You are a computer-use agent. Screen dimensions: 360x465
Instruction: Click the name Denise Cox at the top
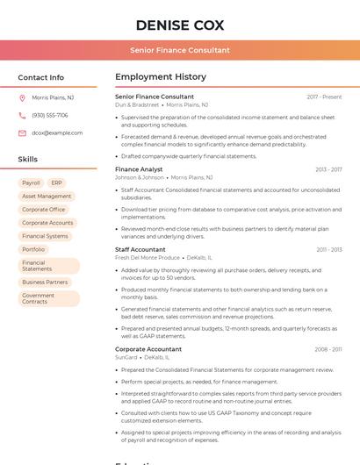coord(180,25)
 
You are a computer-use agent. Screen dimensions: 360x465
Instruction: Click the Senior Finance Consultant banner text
coord(180,50)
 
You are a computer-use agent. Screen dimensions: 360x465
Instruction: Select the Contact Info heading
coord(41,77)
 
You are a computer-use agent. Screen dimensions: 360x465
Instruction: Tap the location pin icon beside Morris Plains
coord(22,98)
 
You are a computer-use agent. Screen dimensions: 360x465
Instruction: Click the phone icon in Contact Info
coord(22,115)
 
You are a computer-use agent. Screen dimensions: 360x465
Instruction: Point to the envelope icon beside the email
coord(22,132)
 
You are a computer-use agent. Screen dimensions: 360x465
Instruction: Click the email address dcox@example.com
coord(57,132)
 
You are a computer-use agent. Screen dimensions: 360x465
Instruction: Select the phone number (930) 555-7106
coord(50,115)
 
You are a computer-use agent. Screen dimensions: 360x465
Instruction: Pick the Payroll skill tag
coord(32,183)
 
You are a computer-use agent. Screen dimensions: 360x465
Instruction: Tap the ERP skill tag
coord(57,183)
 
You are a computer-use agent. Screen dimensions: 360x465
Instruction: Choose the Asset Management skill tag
coord(47,197)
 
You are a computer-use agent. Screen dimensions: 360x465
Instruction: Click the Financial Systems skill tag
coord(45,236)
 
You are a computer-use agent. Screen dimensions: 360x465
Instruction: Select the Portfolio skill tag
coord(33,249)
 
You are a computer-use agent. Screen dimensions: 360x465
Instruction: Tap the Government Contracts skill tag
coord(39,298)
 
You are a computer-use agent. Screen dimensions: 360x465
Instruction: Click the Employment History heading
coord(161,77)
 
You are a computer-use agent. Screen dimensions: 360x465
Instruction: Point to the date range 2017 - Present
coord(324,97)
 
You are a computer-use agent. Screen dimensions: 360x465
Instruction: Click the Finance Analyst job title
coord(139,169)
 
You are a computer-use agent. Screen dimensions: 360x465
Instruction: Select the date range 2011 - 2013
coord(329,250)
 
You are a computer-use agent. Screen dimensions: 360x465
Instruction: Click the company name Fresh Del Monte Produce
coord(148,258)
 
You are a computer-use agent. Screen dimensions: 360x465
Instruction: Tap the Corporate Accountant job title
coord(148,349)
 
